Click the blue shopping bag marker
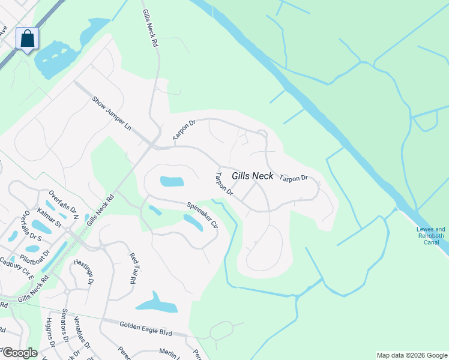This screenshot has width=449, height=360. [27, 39]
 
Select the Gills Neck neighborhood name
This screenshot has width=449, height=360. [252, 176]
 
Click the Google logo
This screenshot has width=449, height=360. [19, 353]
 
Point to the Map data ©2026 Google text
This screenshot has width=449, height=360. [412, 355]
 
